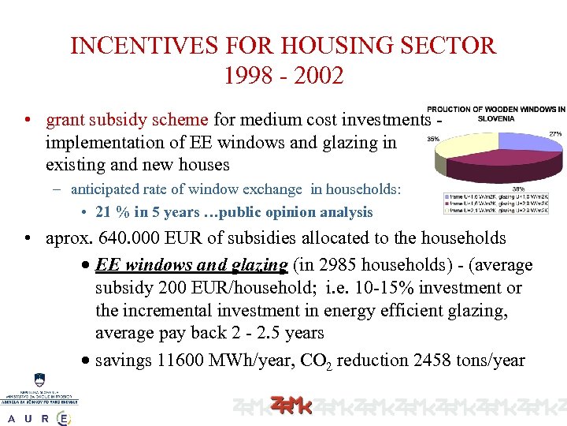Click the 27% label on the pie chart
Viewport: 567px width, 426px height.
click(555, 135)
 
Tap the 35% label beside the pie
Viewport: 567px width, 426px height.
click(432, 139)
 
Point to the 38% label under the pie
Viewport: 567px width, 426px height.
click(519, 189)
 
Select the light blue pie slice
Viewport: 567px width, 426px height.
click(528, 142)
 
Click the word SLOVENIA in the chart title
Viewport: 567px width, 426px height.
click(495, 118)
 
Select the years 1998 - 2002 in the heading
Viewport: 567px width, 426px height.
click(283, 76)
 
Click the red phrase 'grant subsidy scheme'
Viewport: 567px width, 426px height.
click(128, 120)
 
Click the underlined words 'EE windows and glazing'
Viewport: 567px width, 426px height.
click(191, 265)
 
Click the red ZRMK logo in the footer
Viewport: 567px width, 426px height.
click(291, 405)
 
